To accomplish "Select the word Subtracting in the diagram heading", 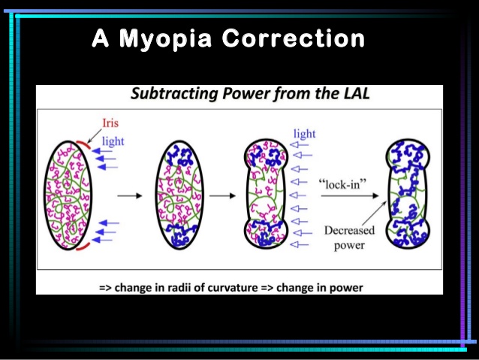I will (173, 95).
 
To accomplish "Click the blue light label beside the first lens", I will (111, 140).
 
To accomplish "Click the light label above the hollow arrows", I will (304, 134).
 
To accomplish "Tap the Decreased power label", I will (348, 237).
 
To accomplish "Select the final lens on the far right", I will (406, 194).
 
